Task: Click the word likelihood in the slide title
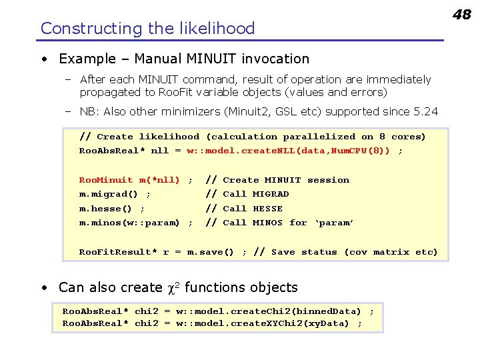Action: point(221,28)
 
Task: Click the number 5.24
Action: point(424,111)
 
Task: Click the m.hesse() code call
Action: point(106,209)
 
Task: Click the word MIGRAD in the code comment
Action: point(271,194)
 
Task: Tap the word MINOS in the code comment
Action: point(267,223)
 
